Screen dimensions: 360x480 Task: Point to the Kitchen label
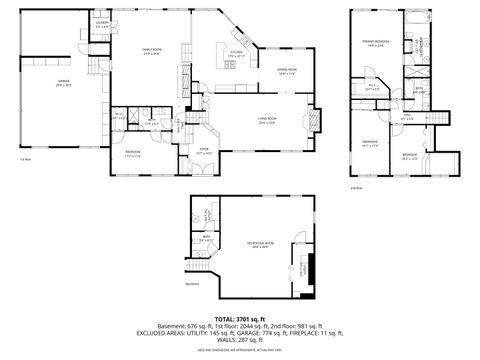click(236, 54)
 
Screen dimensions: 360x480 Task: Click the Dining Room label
click(288, 70)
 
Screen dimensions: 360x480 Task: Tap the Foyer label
click(202, 151)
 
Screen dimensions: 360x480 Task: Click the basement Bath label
click(205, 237)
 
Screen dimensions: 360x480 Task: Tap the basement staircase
click(203, 271)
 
